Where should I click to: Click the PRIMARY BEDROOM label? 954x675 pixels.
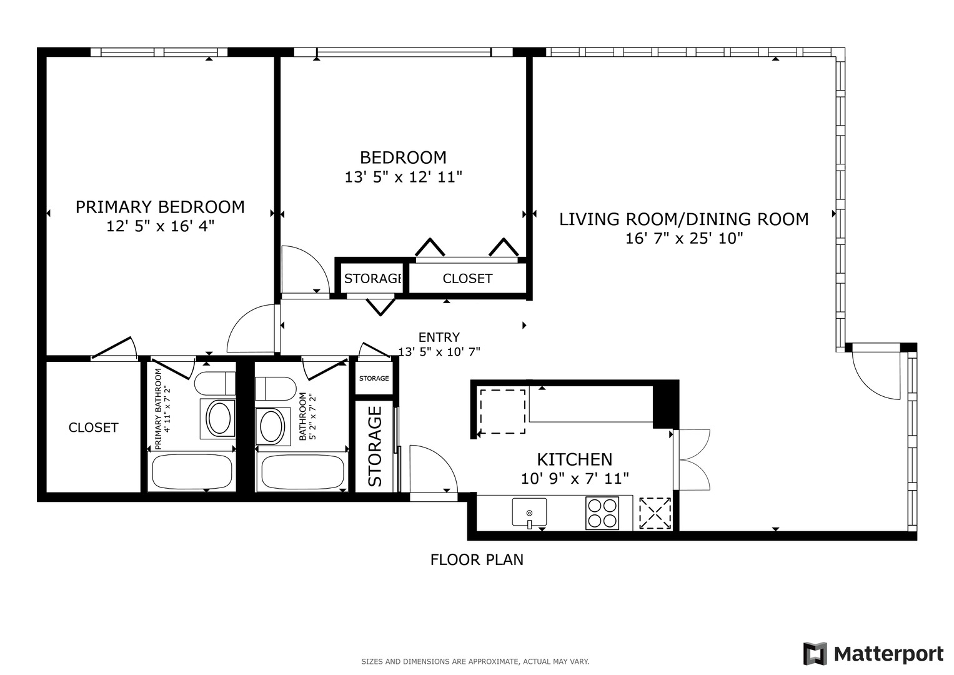160,207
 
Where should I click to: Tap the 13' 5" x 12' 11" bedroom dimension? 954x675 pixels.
404,177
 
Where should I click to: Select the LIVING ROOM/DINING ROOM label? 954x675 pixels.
683,219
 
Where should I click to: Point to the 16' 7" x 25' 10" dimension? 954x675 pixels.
684,238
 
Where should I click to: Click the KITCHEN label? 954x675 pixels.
575,460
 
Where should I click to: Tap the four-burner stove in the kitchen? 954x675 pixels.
602,514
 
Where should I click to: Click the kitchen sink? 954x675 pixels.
529,512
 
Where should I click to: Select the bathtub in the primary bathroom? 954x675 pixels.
192,472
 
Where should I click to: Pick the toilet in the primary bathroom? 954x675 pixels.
215,384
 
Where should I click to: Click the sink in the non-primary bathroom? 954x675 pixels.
272,426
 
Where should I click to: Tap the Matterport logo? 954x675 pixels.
873,654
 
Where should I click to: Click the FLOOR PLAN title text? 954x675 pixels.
477,559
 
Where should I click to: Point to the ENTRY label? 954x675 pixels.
439,337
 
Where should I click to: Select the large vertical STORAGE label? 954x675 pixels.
375,447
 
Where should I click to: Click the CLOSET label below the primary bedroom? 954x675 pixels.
93,427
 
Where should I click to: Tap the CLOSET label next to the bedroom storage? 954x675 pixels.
468,279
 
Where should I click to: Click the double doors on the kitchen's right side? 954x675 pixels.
692,460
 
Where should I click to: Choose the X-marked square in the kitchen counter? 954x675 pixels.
655,514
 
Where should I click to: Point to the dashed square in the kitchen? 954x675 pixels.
502,411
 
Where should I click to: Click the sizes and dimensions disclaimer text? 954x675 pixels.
475,662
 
